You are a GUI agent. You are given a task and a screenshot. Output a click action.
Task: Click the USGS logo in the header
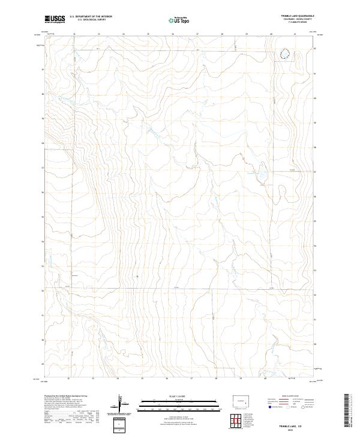pos(55,19)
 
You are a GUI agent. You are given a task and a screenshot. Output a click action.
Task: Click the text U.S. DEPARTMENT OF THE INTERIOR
pos(91,16)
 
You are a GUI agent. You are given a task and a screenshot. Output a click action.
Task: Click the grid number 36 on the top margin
pos(173,34)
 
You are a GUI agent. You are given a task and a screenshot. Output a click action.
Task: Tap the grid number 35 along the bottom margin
pos(142,379)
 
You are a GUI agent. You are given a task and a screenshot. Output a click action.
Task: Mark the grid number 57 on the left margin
pos(43,168)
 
